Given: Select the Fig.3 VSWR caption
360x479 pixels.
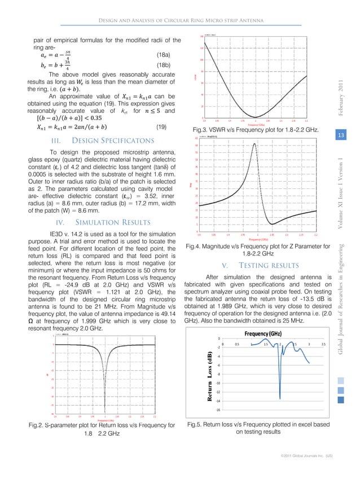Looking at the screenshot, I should pos(261,129).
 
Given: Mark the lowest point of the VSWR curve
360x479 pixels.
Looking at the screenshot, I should pos(256,116).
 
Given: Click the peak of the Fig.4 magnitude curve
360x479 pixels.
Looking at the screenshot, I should pos(254,143).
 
